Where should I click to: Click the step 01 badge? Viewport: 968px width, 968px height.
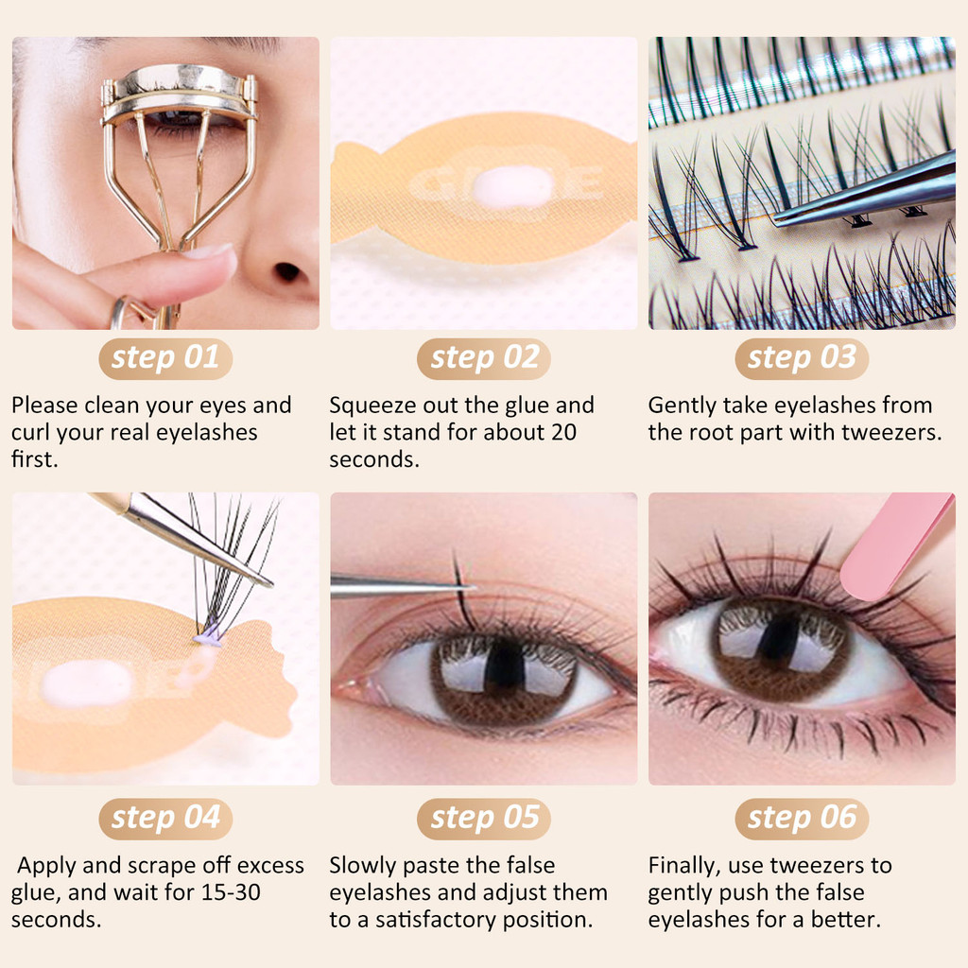(165, 358)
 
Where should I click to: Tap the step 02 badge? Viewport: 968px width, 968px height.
(484, 358)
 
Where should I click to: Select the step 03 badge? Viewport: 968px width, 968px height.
(802, 358)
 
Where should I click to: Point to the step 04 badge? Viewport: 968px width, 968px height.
(165, 819)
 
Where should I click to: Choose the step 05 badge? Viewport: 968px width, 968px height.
(484, 819)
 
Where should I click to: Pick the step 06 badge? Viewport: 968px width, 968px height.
(802, 819)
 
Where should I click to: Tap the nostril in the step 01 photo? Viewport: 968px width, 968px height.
(287, 271)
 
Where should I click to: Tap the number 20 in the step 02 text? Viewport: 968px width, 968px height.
(563, 432)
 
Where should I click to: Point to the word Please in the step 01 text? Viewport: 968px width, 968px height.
(44, 405)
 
